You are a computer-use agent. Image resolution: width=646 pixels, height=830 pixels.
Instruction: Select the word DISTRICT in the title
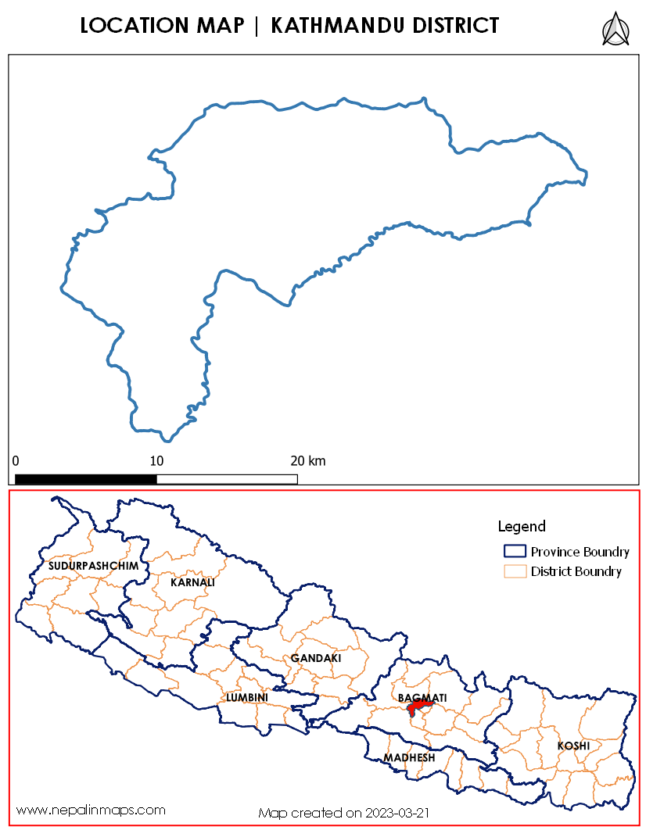click(453, 26)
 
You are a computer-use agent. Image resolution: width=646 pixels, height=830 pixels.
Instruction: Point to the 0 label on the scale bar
click(16, 461)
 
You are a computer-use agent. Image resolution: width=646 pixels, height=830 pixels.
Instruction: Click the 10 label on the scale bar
click(156, 461)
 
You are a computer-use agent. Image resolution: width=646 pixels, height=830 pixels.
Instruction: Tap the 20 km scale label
click(308, 461)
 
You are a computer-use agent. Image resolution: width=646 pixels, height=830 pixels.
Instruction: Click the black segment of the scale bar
click(86, 478)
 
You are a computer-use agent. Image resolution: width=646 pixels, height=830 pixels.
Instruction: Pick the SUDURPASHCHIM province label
click(93, 565)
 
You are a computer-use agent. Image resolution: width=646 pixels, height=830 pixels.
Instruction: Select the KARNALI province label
click(192, 582)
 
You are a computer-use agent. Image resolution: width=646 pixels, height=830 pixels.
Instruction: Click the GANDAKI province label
click(316, 658)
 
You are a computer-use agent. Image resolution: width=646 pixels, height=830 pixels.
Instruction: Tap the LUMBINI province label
click(247, 696)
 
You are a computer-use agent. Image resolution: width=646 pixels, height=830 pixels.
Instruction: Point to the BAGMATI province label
click(422, 696)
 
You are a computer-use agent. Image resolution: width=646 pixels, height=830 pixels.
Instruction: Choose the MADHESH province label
click(409, 757)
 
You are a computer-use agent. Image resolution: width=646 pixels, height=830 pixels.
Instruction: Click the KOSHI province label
click(573, 746)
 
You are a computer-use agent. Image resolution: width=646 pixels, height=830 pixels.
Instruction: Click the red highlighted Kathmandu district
click(418, 707)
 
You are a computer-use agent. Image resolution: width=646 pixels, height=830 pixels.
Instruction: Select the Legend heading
click(522, 527)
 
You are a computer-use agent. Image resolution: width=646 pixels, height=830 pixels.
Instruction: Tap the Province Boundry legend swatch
click(515, 551)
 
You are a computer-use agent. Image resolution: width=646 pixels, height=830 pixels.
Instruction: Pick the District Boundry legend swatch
click(515, 571)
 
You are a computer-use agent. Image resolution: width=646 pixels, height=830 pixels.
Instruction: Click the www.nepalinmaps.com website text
click(91, 810)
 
